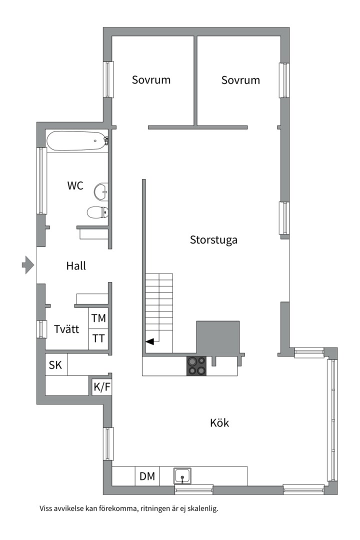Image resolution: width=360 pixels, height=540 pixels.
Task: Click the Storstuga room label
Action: click(x=213, y=240)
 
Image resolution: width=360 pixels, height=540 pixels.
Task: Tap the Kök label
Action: click(x=219, y=422)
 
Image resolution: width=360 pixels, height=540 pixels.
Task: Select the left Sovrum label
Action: click(x=151, y=80)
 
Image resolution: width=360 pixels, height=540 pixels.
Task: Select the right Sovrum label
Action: click(x=240, y=80)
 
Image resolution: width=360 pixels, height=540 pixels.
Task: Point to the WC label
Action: click(x=75, y=185)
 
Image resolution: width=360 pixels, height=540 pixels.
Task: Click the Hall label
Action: click(x=76, y=266)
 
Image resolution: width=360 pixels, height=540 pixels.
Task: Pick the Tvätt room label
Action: click(x=66, y=329)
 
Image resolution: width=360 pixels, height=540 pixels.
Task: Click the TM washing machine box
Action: click(x=98, y=318)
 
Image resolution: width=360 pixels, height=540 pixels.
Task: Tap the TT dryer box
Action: click(x=98, y=339)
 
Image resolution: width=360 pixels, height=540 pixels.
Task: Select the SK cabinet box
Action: click(x=56, y=364)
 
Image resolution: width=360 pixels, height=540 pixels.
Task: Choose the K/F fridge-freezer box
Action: click(x=101, y=387)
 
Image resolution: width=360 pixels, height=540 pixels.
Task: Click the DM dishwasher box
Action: click(x=147, y=476)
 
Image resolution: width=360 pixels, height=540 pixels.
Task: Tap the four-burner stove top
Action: click(x=196, y=365)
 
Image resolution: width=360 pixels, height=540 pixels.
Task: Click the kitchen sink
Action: click(x=182, y=476)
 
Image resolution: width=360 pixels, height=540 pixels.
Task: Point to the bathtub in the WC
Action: click(x=77, y=141)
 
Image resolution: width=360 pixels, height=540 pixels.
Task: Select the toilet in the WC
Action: click(x=97, y=212)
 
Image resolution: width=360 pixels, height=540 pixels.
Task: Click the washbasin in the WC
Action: click(x=101, y=191)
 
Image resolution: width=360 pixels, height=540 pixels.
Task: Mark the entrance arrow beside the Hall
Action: click(x=28, y=265)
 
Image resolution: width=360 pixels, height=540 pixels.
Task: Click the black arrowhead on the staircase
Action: click(x=149, y=341)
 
